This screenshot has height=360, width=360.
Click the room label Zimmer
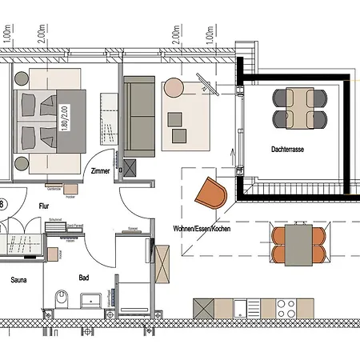[100, 171]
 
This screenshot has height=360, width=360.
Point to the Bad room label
[84, 278]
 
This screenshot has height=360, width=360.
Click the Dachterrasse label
[287, 149]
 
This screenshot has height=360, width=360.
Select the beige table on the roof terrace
[300, 109]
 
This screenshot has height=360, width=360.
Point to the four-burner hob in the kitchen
[286, 308]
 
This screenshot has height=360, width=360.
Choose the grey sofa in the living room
[138, 115]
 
